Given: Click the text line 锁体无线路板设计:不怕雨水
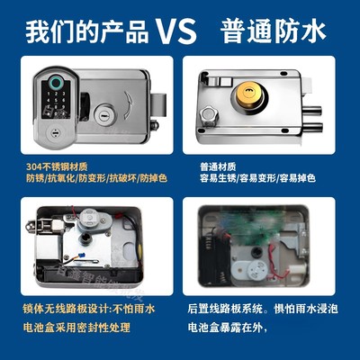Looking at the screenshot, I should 90,309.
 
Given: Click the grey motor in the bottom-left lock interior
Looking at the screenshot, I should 89,221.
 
